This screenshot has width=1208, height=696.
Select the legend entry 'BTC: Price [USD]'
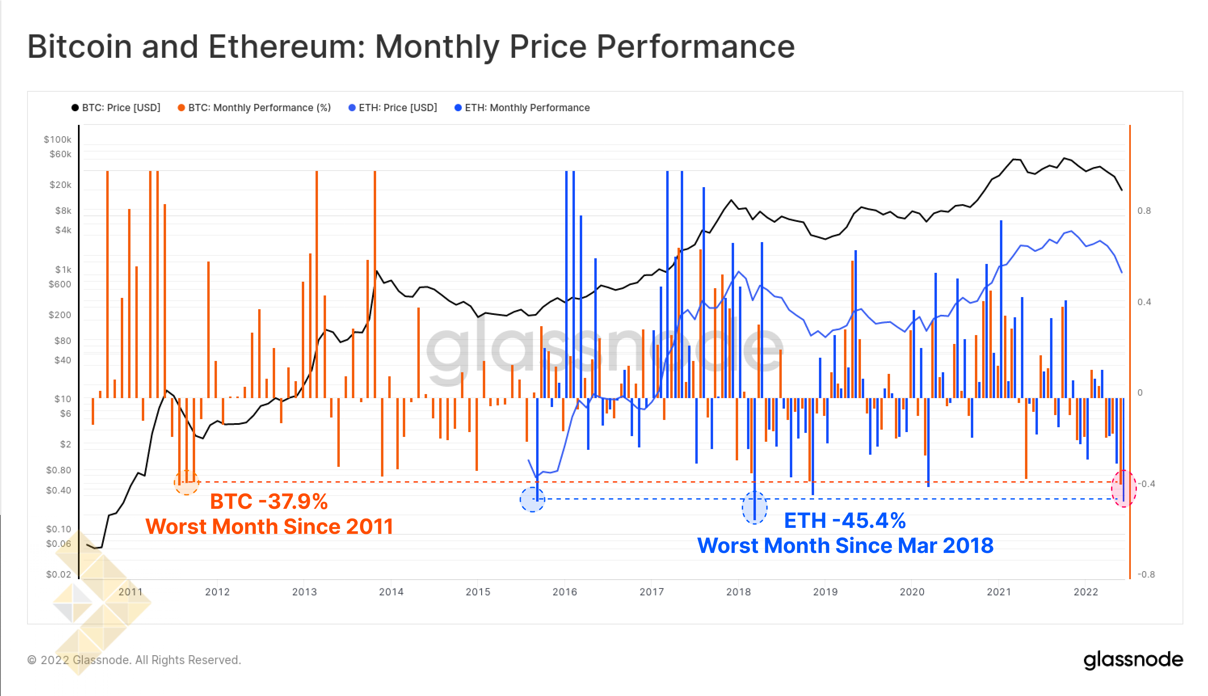[116, 108]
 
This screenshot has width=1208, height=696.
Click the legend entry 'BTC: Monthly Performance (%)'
[255, 108]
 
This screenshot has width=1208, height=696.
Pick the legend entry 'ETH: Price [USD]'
[393, 108]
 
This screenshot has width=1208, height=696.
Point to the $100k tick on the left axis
[57, 139]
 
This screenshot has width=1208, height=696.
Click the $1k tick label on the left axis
[63, 270]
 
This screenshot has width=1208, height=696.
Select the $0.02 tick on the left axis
[58, 574]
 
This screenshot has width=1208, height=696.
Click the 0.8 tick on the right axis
[1144, 211]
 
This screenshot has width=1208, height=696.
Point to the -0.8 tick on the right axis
[1146, 574]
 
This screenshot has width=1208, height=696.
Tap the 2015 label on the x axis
[478, 592]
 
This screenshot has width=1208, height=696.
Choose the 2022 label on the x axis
[1086, 592]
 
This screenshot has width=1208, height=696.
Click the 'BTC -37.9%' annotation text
[269, 502]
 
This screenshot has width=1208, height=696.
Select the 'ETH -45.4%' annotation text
[845, 521]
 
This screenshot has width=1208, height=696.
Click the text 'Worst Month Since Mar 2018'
[845, 545]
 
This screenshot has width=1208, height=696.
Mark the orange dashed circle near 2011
[186, 482]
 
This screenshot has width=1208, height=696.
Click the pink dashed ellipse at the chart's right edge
[1124, 489]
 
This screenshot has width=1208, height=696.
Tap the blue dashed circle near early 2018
[755, 508]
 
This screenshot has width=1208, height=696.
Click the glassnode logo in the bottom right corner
[1133, 660]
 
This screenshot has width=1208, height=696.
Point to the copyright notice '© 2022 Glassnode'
[134, 660]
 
